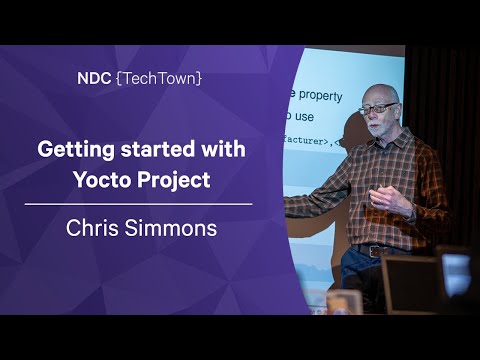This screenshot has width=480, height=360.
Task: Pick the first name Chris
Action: coord(93,228)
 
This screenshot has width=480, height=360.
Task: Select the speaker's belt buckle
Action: coord(379,251)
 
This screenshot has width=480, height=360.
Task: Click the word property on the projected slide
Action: coord(320,98)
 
